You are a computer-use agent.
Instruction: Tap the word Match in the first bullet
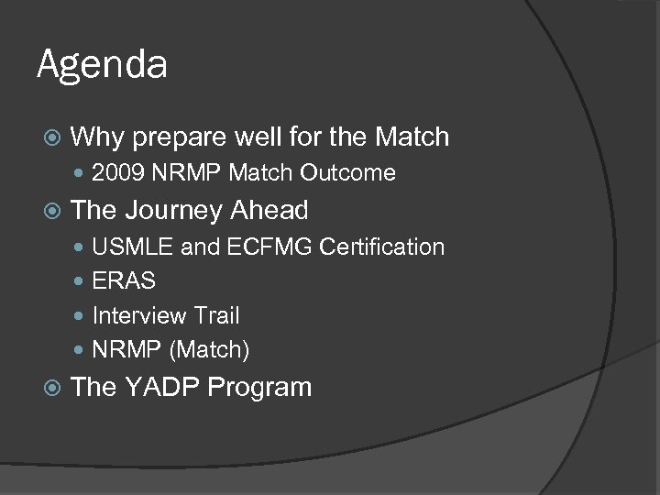tap(412, 137)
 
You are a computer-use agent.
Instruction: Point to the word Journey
tap(172, 210)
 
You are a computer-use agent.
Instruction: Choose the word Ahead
tap(269, 210)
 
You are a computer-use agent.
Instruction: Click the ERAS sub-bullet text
tap(124, 281)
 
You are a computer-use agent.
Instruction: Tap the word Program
tap(259, 388)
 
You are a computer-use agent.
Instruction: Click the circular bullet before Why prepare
tap(52, 138)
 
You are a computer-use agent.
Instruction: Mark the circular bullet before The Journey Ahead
tap(52, 211)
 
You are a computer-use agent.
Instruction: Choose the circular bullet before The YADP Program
tap(52, 388)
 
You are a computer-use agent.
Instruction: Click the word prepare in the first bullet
tap(180, 138)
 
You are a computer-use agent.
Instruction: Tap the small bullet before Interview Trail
tap(82, 316)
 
